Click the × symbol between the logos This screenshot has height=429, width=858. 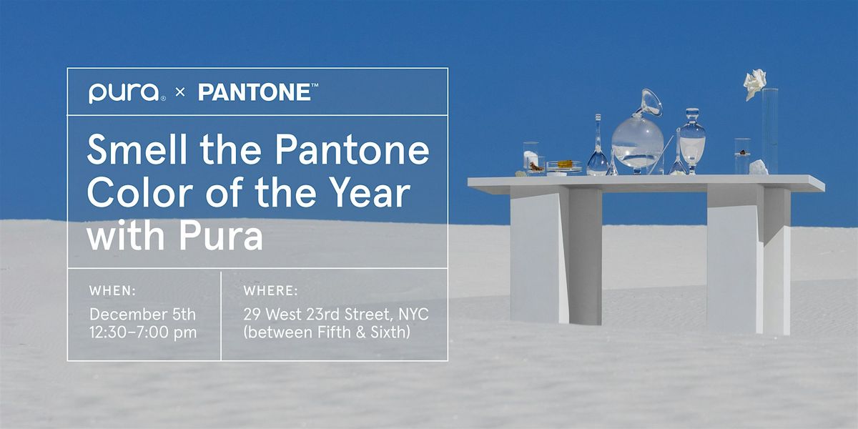click(181, 93)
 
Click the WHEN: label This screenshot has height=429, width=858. click(112, 291)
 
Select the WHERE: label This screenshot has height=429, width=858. click(271, 291)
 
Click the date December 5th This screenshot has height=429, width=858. click(142, 314)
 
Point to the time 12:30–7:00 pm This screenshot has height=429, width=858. click(142, 332)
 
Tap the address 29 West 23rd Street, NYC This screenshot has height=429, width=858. click(335, 314)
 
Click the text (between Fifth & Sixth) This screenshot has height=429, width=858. click(327, 332)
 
